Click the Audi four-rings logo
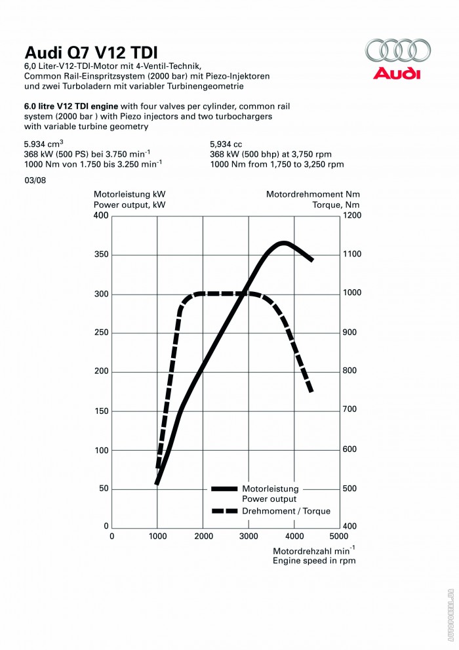398,50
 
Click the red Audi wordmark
397,73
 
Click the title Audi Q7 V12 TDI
90,52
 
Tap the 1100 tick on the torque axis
352,254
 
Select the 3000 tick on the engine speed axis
248,535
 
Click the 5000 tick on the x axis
339,535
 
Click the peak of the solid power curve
283,243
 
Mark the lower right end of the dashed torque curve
311,392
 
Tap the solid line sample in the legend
224,489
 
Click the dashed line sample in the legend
224,511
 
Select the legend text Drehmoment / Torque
286,511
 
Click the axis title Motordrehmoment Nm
313,194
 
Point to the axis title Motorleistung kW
129,194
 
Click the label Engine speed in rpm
314,561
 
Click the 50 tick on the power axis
102,489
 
